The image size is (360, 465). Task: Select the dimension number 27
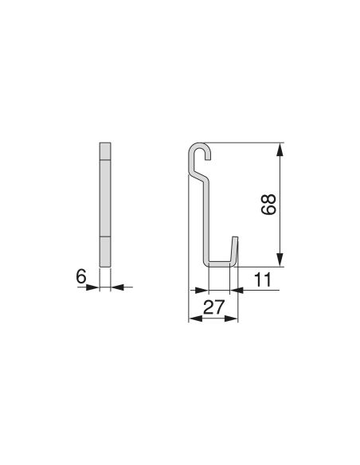213,307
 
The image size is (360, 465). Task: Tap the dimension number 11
264,279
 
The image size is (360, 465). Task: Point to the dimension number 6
80,275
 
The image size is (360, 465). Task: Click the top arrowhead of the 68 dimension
280,147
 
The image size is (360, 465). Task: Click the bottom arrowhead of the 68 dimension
280,262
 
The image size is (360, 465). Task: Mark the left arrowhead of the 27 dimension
192,319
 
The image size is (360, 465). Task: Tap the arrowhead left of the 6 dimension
95,287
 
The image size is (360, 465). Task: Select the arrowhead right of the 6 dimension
116,287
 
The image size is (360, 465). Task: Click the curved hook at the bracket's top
201,151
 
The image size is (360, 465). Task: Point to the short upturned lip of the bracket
235,248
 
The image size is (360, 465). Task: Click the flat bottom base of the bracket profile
220,264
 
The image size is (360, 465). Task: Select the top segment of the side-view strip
105,151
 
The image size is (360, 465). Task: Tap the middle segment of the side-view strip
105,199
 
